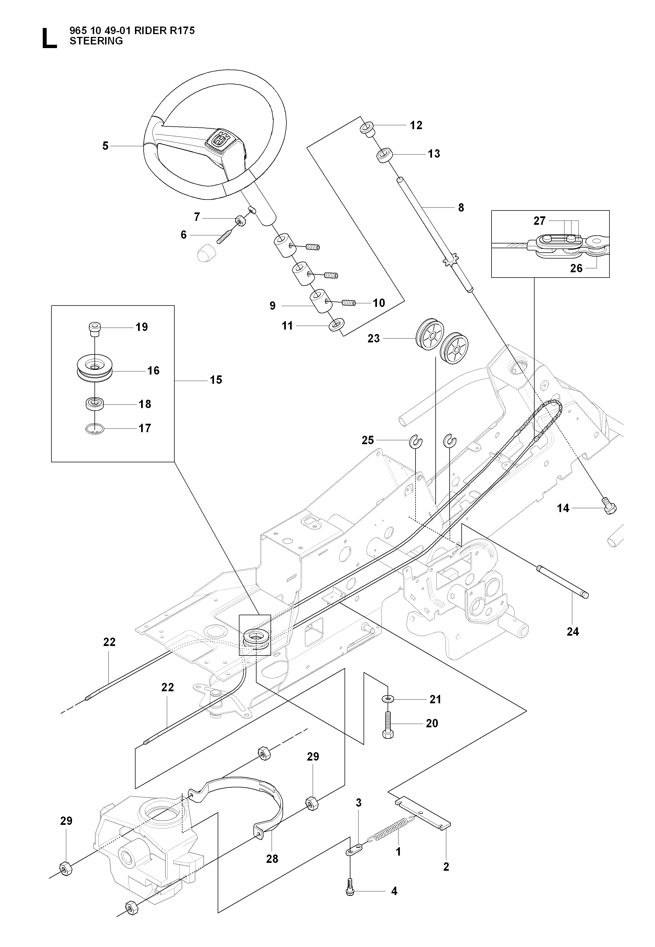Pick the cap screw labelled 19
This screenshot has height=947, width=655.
(95, 329)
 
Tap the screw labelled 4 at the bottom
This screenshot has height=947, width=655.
(350, 892)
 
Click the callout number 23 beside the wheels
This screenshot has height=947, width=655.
(373, 339)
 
